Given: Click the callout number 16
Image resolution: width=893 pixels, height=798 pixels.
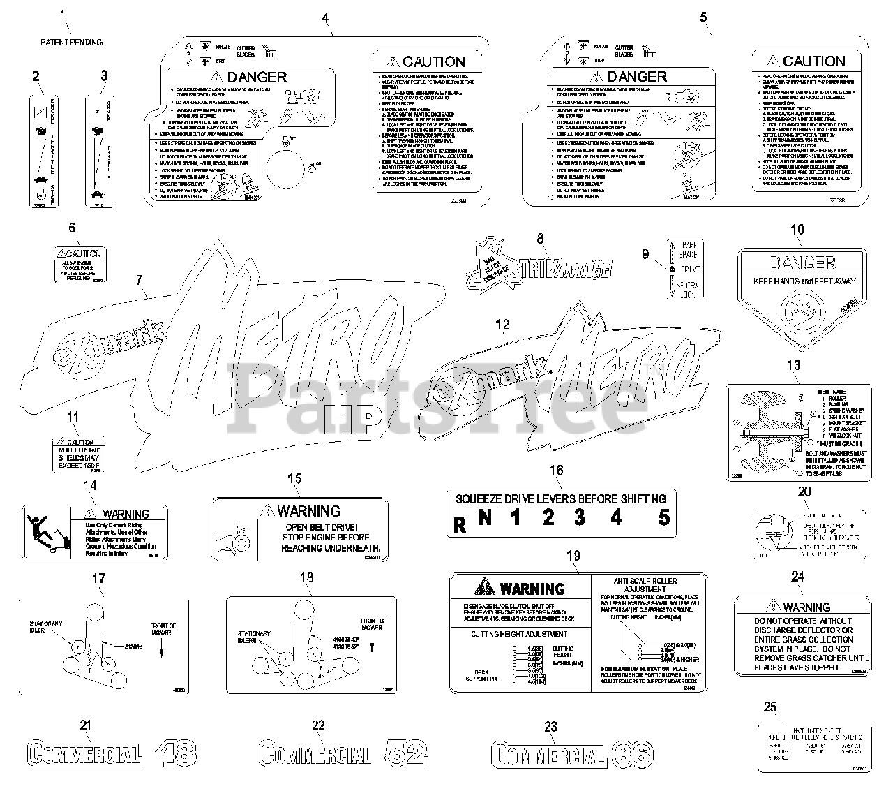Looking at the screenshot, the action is point(556,470).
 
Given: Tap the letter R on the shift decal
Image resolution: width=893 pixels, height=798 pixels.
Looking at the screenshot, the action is point(459,524).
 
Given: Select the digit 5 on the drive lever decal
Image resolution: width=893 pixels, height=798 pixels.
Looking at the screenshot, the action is point(663,518).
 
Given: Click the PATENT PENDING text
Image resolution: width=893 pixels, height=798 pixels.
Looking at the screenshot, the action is point(71,43).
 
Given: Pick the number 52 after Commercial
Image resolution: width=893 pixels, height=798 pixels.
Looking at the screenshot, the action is point(406,753).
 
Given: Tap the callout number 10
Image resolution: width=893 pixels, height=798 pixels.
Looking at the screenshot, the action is point(796,230).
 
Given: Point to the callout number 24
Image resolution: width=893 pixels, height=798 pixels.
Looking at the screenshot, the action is point(797,577).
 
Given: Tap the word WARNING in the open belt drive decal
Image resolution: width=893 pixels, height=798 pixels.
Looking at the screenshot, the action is point(308,511).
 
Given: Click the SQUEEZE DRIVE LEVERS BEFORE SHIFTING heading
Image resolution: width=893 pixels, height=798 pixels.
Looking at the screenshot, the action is point(560,498).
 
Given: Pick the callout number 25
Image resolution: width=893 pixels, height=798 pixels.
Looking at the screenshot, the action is point(770,707).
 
